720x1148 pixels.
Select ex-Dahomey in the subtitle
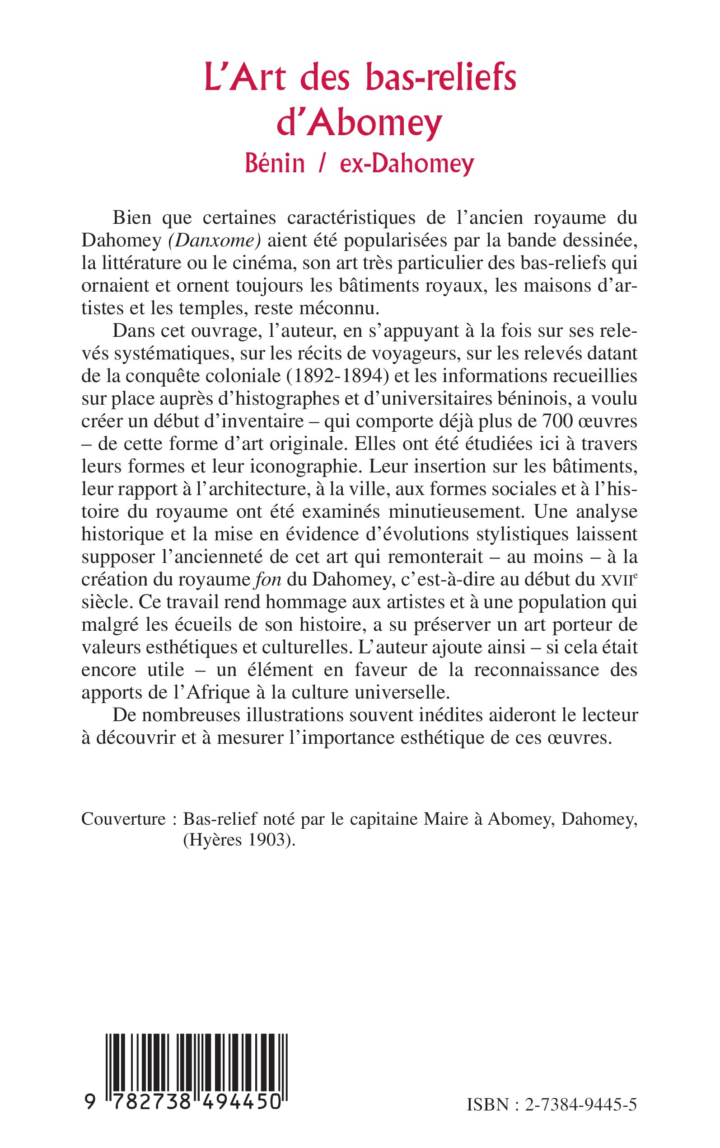(x=407, y=164)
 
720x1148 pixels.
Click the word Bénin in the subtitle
(x=275, y=164)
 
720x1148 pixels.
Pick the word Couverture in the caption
(x=123, y=819)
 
